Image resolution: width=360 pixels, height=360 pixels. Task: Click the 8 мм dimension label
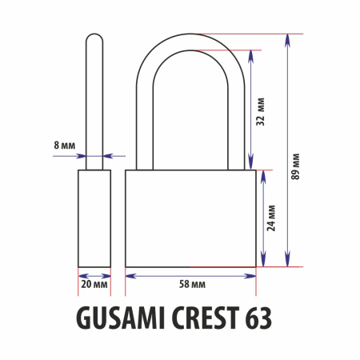[65, 146]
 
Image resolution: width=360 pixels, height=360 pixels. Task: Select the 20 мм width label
[94, 284]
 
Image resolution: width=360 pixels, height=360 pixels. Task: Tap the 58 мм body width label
[192, 284]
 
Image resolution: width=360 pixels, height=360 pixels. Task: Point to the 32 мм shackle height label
[260, 112]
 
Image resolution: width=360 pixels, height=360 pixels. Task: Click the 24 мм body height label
[271, 218]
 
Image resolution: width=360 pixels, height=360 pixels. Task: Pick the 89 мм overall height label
[295, 166]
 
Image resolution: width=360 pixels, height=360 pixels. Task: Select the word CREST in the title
[206, 318]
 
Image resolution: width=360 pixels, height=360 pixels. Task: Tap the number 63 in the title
[258, 318]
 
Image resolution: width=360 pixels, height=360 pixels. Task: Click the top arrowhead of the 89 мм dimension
[287, 40]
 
